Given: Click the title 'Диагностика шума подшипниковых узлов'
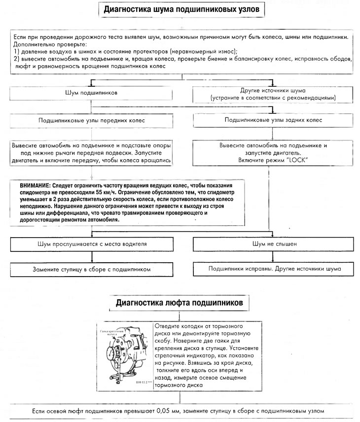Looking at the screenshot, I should coord(180,9).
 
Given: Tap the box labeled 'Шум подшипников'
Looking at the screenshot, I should coord(91,92).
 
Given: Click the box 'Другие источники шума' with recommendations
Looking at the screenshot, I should coord(273,94).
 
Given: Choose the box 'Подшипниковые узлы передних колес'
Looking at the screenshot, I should coord(91,120).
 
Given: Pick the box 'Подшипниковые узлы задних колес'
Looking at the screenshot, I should coord(273,120).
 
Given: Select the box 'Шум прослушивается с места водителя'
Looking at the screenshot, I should coord(91,244).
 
